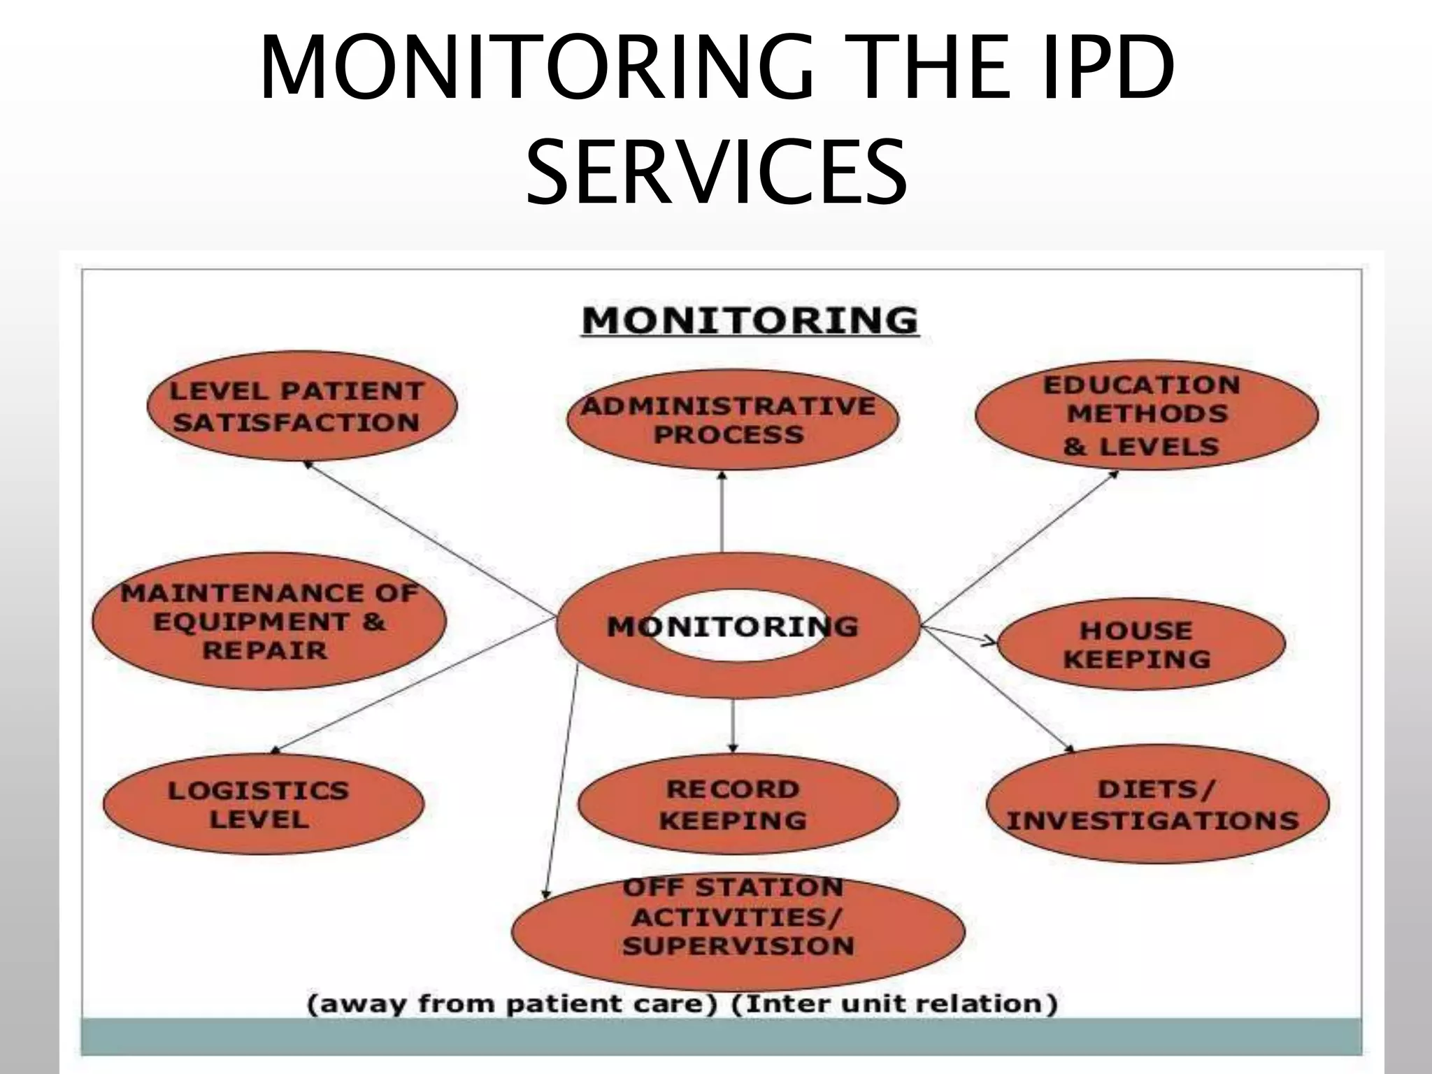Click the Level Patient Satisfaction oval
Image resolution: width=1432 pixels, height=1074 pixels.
[301, 406]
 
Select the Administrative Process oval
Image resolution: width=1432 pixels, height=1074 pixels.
[731, 420]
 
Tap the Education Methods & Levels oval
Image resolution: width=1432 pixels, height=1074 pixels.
[1146, 415]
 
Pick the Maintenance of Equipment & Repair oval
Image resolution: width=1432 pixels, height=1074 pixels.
[268, 622]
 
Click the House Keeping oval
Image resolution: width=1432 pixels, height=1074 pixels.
[1140, 644]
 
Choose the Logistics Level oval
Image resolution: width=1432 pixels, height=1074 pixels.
[262, 804]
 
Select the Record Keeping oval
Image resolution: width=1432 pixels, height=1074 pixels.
[737, 804]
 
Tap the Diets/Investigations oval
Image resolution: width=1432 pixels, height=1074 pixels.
[1157, 804]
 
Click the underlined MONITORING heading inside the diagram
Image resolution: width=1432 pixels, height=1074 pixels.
[750, 321]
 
